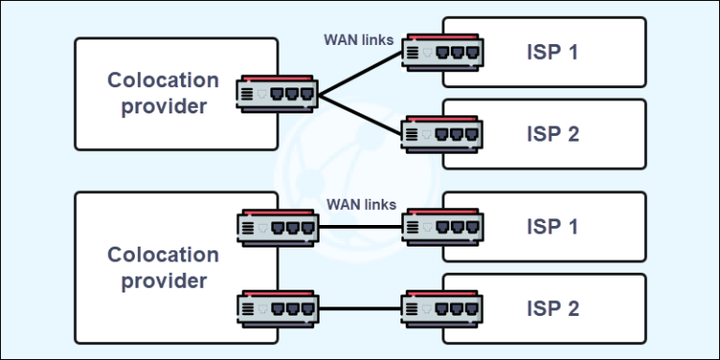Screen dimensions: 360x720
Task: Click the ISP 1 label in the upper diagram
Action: pos(553,52)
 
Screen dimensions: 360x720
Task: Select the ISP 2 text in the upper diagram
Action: pos(553,134)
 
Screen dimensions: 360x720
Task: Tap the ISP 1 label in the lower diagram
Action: pos(553,227)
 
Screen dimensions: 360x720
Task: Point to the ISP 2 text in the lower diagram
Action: pos(553,308)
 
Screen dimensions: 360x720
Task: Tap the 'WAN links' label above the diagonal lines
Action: pos(359,39)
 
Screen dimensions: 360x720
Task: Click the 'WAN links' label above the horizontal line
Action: pos(361,204)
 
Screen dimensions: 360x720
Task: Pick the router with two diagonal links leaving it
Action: pos(277,93)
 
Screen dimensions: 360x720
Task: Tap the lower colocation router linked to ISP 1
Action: pos(277,227)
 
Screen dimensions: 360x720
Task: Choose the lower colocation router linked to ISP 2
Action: pos(277,308)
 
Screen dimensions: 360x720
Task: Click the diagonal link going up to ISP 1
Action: pos(361,73)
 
